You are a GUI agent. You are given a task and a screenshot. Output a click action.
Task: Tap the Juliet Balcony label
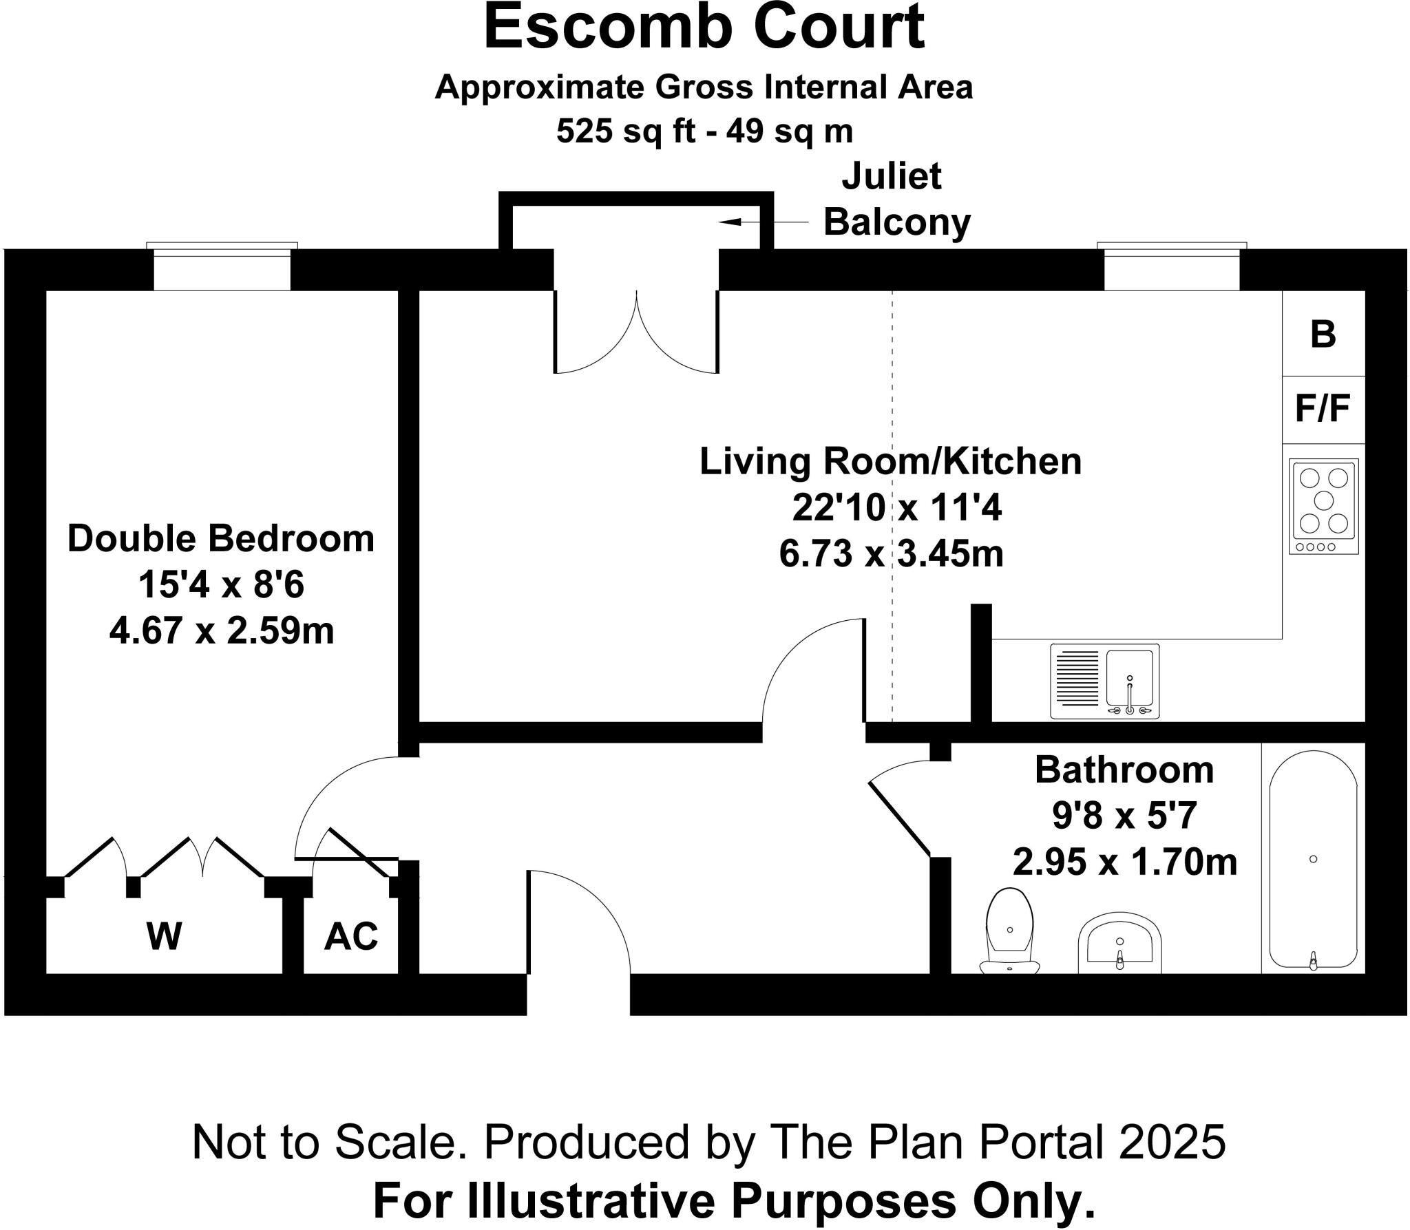(896, 200)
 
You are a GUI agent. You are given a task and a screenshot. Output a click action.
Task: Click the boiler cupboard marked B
(1323, 335)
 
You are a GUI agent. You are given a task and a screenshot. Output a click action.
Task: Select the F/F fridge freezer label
(1323, 409)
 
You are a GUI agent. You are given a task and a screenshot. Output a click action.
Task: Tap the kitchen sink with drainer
(1104, 681)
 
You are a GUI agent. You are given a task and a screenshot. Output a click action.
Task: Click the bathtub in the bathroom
(1313, 860)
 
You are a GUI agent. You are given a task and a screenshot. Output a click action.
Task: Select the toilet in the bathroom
(1009, 931)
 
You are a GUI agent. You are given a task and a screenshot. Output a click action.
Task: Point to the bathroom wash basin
(1119, 943)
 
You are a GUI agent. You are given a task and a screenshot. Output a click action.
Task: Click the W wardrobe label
(164, 936)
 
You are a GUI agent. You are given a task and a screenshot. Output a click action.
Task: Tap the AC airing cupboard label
(351, 936)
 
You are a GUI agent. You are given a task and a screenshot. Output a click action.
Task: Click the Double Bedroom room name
(221, 538)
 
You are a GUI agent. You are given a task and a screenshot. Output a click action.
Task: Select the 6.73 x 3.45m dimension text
(891, 553)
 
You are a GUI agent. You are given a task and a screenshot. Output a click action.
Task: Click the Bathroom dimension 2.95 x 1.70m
(1124, 862)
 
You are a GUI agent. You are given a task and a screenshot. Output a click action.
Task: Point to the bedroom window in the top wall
(222, 268)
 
